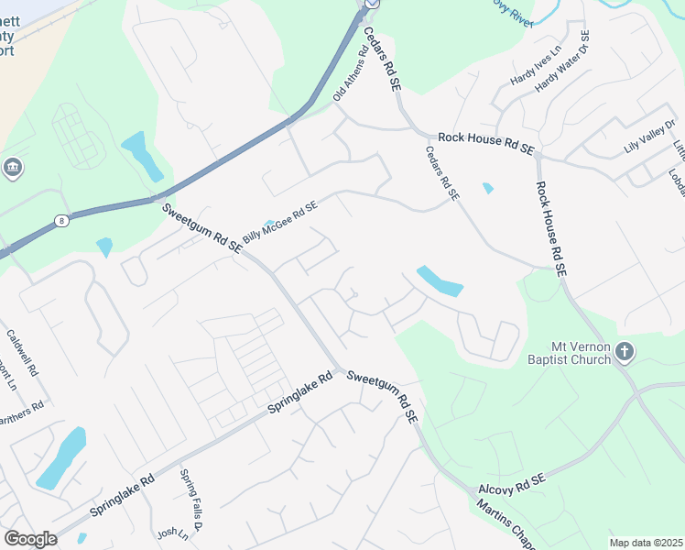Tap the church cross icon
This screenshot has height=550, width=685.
[x=625, y=351]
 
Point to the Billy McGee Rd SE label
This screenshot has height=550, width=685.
[x=279, y=225]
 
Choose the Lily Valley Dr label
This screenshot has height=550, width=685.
[x=649, y=141]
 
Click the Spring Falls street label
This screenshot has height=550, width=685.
[x=190, y=497]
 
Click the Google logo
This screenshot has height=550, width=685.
[x=30, y=539]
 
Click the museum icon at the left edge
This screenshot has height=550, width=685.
[x=14, y=168]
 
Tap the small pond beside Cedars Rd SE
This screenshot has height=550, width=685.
[x=488, y=188]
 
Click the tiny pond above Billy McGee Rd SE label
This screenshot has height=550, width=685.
[x=268, y=224]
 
